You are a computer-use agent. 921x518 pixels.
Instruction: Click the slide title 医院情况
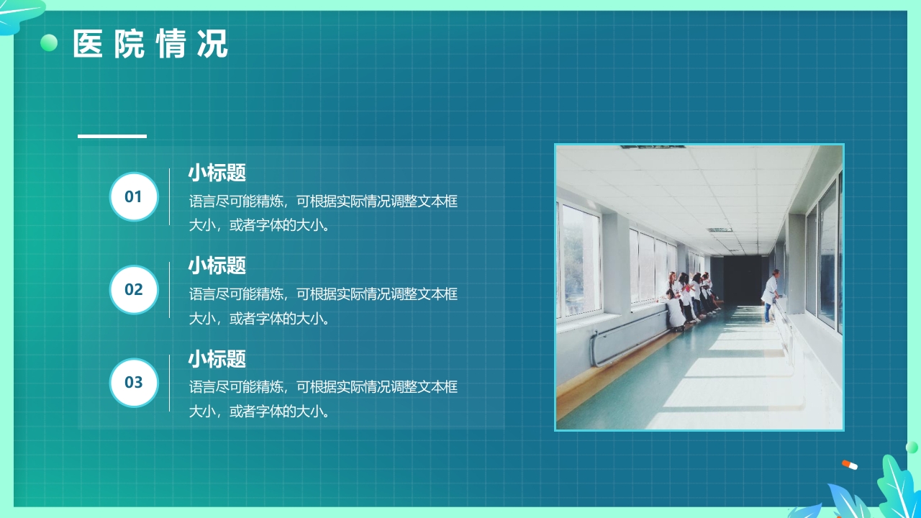click(x=150, y=44)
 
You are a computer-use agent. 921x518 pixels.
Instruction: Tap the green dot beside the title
click(x=49, y=43)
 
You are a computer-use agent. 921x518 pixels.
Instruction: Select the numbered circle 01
click(x=134, y=196)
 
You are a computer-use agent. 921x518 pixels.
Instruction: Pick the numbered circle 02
click(x=134, y=289)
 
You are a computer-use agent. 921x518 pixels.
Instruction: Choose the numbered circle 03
click(x=134, y=382)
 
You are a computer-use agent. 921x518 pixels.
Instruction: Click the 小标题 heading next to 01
click(x=217, y=173)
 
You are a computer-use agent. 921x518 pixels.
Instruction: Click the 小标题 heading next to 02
click(x=217, y=265)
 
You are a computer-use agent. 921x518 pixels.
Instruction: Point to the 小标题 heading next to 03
click(x=217, y=358)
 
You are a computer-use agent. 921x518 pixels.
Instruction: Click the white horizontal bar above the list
click(x=112, y=135)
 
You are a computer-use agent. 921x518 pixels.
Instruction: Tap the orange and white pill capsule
click(x=850, y=465)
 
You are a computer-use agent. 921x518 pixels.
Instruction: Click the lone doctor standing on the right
click(x=771, y=294)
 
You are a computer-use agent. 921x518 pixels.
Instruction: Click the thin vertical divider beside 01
click(x=170, y=196)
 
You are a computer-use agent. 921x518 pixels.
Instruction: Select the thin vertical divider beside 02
click(x=170, y=289)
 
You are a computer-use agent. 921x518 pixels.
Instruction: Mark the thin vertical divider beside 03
click(x=170, y=382)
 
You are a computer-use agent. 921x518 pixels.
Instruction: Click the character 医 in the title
click(x=88, y=44)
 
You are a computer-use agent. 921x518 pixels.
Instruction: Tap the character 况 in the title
click(x=212, y=44)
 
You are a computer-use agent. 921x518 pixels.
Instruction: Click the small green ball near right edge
click(x=912, y=447)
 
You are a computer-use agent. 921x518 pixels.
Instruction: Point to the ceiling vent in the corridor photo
click(x=720, y=230)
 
